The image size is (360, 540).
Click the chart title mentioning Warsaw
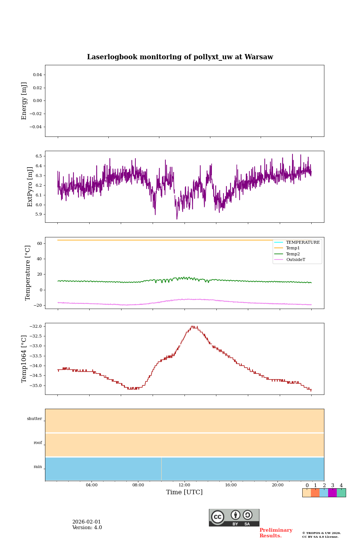click(180, 57)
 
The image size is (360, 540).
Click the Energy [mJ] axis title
click(24, 101)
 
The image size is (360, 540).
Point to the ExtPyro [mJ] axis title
click(30, 187)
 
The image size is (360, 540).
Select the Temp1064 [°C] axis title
click(24, 359)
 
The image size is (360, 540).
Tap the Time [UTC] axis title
click(184, 492)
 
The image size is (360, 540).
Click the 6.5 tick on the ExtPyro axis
click(38, 156)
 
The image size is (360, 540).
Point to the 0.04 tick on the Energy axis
click(37, 75)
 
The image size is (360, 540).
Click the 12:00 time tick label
click(184, 485)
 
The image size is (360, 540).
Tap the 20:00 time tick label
click(277, 485)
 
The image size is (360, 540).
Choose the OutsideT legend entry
click(295, 259)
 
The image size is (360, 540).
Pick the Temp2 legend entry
click(293, 254)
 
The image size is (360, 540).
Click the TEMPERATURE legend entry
click(303, 242)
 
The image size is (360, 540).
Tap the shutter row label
click(34, 419)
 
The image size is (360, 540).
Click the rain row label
click(38, 467)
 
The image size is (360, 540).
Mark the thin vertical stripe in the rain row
click(161, 469)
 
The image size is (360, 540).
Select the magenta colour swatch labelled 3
click(332, 493)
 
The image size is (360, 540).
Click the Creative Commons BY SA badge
click(234, 517)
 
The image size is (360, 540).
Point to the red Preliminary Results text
click(276, 533)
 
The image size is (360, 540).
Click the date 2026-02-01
click(87, 522)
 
